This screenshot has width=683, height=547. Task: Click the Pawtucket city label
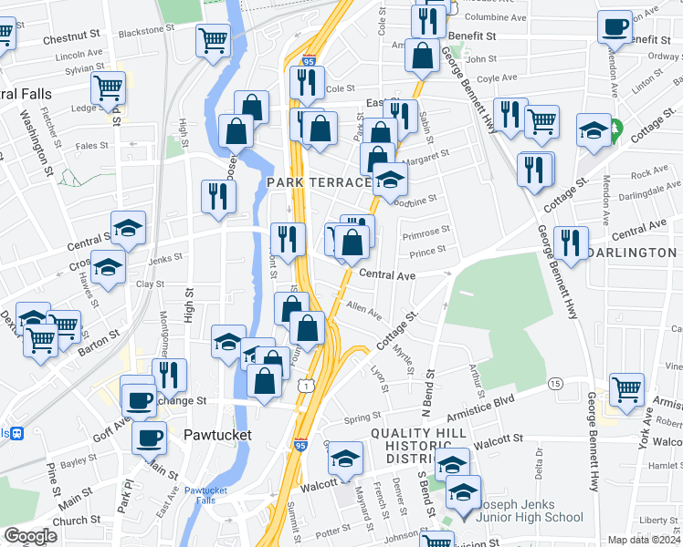pyautogui.click(x=217, y=435)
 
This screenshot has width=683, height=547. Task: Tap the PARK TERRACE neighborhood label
pyautogui.click(x=319, y=183)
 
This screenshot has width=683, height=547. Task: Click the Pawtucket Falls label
pyautogui.click(x=212, y=495)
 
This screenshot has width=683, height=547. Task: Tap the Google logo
pyautogui.click(x=30, y=536)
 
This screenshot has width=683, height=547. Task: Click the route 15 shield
pyautogui.click(x=555, y=384)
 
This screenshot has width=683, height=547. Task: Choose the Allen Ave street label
pyautogui.click(x=363, y=312)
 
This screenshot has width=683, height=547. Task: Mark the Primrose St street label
pyautogui.click(x=426, y=232)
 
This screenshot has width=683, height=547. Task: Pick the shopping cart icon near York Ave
pyautogui.click(x=626, y=389)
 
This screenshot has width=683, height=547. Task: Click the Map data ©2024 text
pyautogui.click(x=644, y=540)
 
